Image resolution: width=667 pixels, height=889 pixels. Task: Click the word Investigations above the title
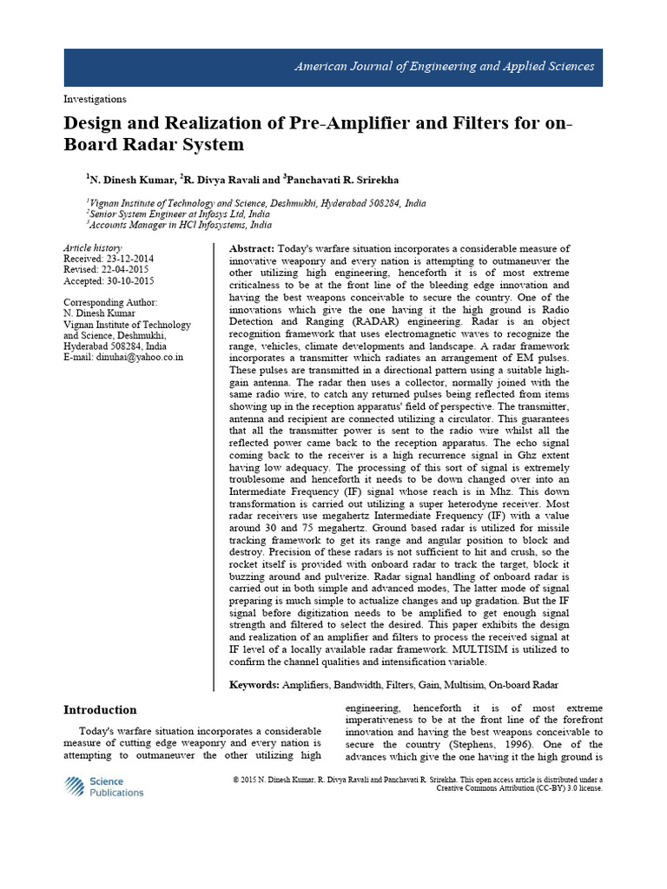point(95,99)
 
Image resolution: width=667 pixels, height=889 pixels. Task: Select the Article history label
point(93,248)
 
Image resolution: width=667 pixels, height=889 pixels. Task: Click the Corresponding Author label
point(110,304)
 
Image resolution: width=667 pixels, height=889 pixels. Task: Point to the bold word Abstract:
point(252,249)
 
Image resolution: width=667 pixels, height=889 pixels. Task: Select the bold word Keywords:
point(254,685)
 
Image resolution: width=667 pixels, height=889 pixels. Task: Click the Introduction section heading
point(100,709)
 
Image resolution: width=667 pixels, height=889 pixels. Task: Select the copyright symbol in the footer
point(236,780)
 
